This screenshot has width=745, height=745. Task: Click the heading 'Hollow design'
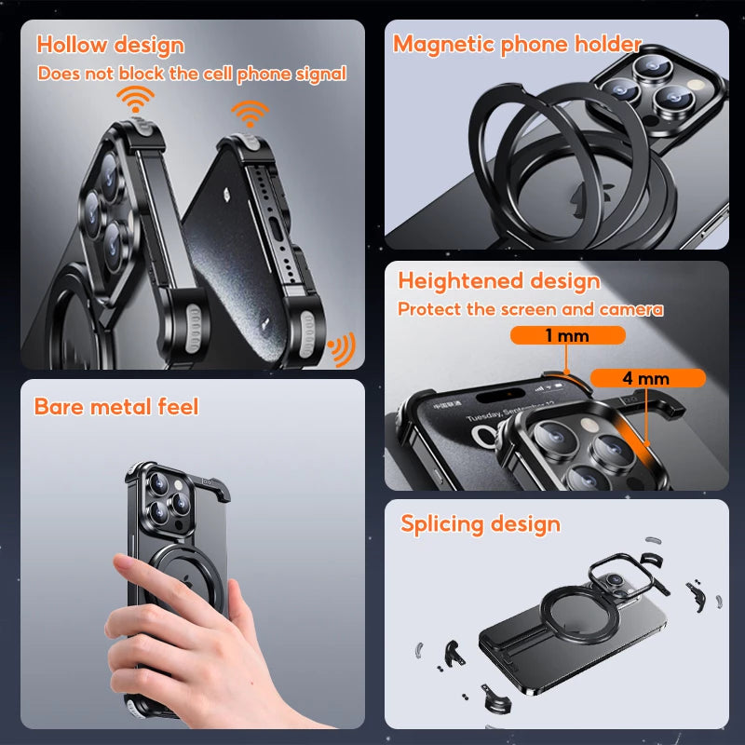tap(110, 45)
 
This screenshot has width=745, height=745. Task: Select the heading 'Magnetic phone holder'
tap(518, 45)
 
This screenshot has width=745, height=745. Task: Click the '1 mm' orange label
tap(567, 335)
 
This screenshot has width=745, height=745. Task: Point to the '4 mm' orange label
tap(647, 378)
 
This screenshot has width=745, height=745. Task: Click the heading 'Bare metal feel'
tap(116, 407)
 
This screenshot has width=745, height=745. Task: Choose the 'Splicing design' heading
tap(481, 524)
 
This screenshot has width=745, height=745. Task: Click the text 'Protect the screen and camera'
tap(530, 309)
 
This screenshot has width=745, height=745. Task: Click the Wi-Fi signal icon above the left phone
tap(135, 99)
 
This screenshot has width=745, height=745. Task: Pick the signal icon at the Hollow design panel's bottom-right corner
tap(342, 348)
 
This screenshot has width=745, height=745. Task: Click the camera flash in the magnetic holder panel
tap(697, 86)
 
